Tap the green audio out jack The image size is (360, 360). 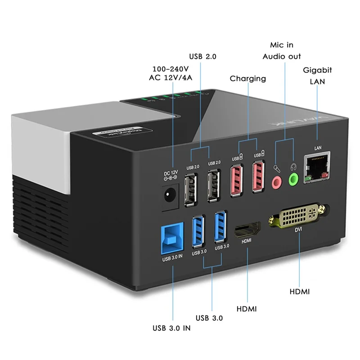point(293,180)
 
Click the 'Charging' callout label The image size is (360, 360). point(247,78)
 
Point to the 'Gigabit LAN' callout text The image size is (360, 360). point(317,76)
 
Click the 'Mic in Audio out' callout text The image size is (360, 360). point(282,51)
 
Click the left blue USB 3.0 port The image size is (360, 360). point(199,232)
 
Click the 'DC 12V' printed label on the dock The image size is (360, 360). point(171,173)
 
